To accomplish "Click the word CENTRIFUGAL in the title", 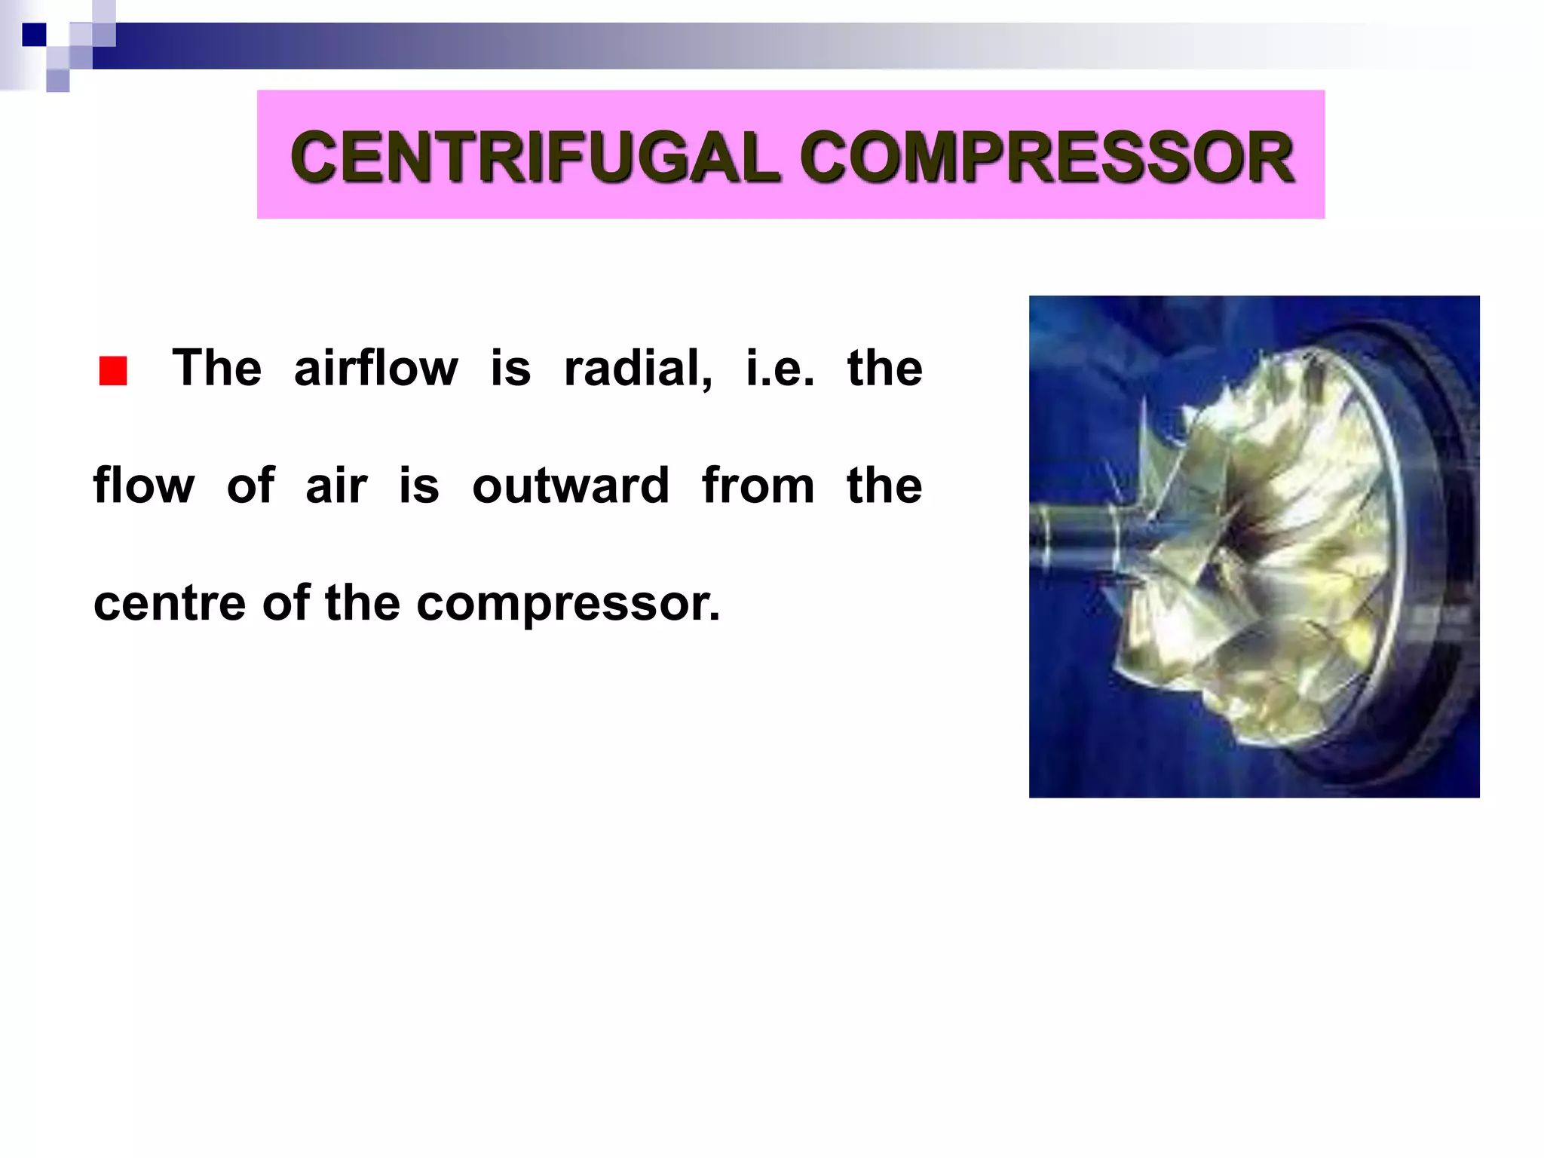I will [x=534, y=157].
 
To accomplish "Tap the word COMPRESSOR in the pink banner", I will [x=1048, y=157].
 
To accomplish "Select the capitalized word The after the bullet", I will [x=217, y=368].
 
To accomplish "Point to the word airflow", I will [x=375, y=368].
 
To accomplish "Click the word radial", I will [x=637, y=368].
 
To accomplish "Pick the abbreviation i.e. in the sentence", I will [x=780, y=368].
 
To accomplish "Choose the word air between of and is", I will [x=336, y=486].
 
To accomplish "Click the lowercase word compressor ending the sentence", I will [x=568, y=605].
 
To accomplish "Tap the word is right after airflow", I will [x=510, y=368].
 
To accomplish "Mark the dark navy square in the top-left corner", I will [x=34, y=35].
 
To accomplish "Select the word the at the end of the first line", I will [x=884, y=368].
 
